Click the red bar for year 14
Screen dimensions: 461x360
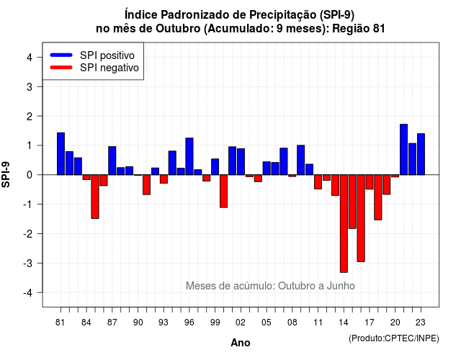(x=344, y=224)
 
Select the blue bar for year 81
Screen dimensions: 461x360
(x=61, y=153)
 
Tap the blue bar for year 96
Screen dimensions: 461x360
(x=189, y=156)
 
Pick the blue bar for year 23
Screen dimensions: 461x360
(x=421, y=154)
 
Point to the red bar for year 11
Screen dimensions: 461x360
(x=318, y=182)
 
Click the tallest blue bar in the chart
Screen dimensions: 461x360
(x=403, y=150)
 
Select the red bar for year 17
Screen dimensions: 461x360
(x=370, y=182)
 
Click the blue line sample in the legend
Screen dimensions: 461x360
(x=61, y=55)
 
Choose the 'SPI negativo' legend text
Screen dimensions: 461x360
(x=109, y=68)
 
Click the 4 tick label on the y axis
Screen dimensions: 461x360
(x=30, y=58)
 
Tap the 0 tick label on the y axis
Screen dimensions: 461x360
(x=30, y=175)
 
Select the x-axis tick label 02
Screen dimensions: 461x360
(x=241, y=323)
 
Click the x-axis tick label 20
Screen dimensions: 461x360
(x=395, y=323)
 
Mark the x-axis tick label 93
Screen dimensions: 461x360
(x=164, y=323)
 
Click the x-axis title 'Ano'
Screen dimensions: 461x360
(x=241, y=343)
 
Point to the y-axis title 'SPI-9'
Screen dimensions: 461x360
(x=6, y=174)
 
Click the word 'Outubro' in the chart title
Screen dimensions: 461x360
(x=178, y=29)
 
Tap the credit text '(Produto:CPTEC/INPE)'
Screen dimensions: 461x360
(x=394, y=338)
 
